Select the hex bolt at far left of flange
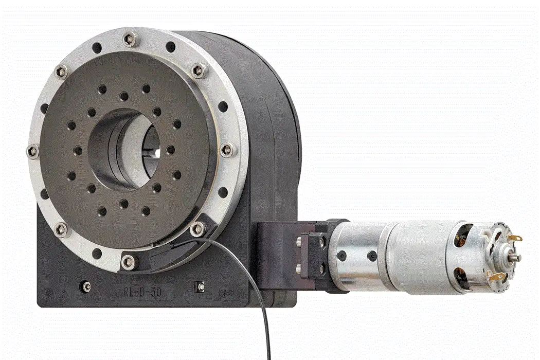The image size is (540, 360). (32, 151)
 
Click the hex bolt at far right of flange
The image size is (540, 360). (227, 150)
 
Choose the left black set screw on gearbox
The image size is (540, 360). (340, 256)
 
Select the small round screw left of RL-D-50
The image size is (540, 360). (87, 286)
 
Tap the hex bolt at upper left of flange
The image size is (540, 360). (61, 73)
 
